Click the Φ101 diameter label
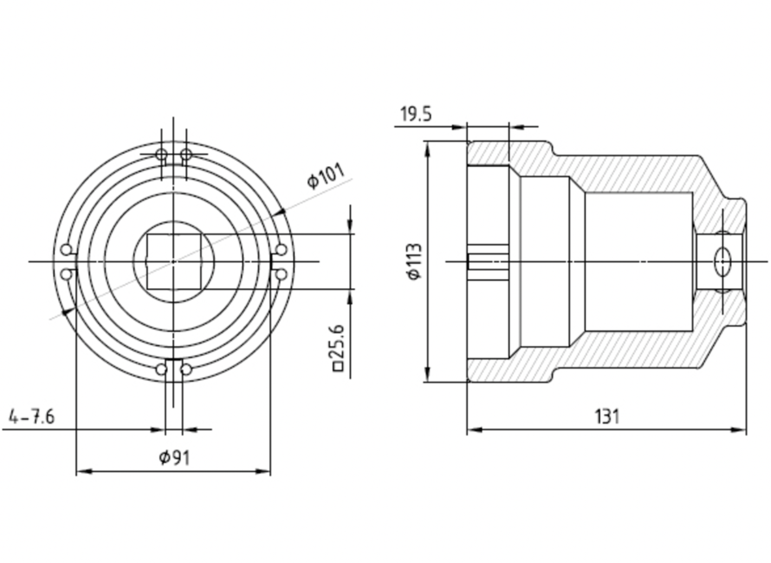coord(326,177)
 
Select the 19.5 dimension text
coord(416,114)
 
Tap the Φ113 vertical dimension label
coord(414,261)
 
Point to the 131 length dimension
coord(607,416)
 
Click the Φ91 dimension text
coord(174,458)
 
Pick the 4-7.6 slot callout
coord(31,417)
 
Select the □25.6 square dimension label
coord(338,348)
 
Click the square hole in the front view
coord(174,261)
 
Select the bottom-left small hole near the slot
coord(161,370)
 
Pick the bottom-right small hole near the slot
coord(186,370)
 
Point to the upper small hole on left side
coord(67,250)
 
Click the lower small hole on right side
coord(281,274)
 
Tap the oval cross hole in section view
coord(722,263)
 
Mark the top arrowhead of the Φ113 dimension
coord(428,149)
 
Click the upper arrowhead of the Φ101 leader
coord(280,212)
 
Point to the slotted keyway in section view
coord(488,261)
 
